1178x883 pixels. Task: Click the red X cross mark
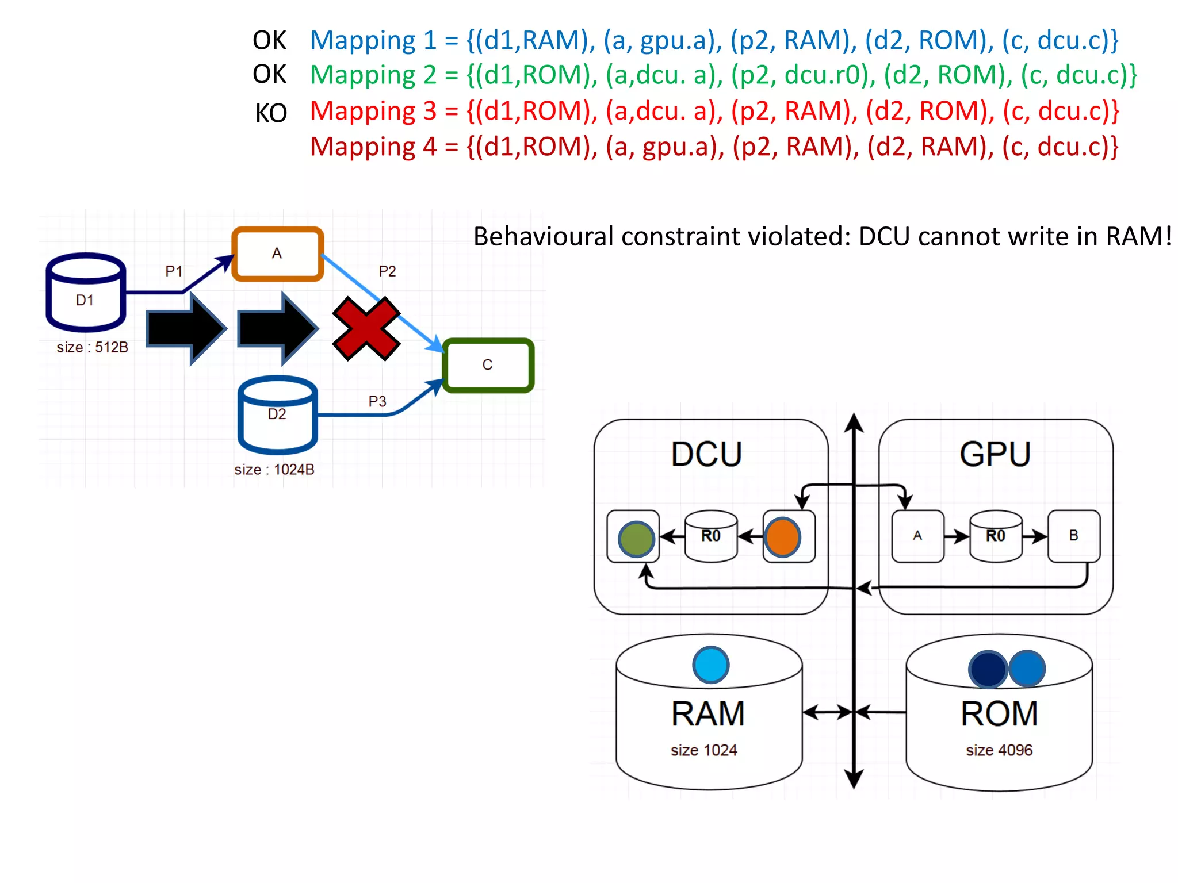tap(366, 329)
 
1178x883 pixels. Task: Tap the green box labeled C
tap(488, 366)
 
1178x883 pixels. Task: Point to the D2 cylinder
tap(278, 415)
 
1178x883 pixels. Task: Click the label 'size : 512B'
tap(92, 347)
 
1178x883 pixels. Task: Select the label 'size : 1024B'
tap(274, 470)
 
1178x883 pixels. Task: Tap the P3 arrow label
tap(377, 401)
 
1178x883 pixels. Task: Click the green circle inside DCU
tap(636, 539)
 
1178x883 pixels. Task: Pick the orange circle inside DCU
tap(782, 537)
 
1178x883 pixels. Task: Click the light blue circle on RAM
tap(710, 665)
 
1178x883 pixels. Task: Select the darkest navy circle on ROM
tap(988, 669)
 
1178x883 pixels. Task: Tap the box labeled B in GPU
tap(1073, 536)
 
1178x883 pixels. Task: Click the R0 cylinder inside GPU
tap(996, 536)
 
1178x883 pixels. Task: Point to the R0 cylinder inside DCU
tap(711, 536)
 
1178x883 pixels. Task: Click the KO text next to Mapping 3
tap(271, 113)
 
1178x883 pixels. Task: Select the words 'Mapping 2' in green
tap(372, 75)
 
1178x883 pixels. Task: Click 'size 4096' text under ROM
tap(999, 750)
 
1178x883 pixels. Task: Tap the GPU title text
tap(995, 454)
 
